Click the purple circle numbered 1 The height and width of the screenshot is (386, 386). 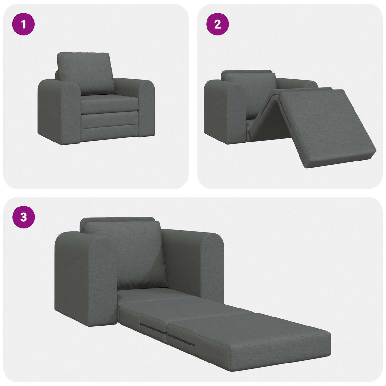coord(23,24)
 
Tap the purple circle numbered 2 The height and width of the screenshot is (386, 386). coord(217,24)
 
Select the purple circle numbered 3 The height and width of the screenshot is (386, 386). coord(23,217)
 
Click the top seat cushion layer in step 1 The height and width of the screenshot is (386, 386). coord(109,104)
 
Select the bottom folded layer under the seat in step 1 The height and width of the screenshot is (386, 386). coord(109,133)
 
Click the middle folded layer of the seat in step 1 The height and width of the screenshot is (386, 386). coord(109,120)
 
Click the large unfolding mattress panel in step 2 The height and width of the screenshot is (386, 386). coord(325,125)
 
